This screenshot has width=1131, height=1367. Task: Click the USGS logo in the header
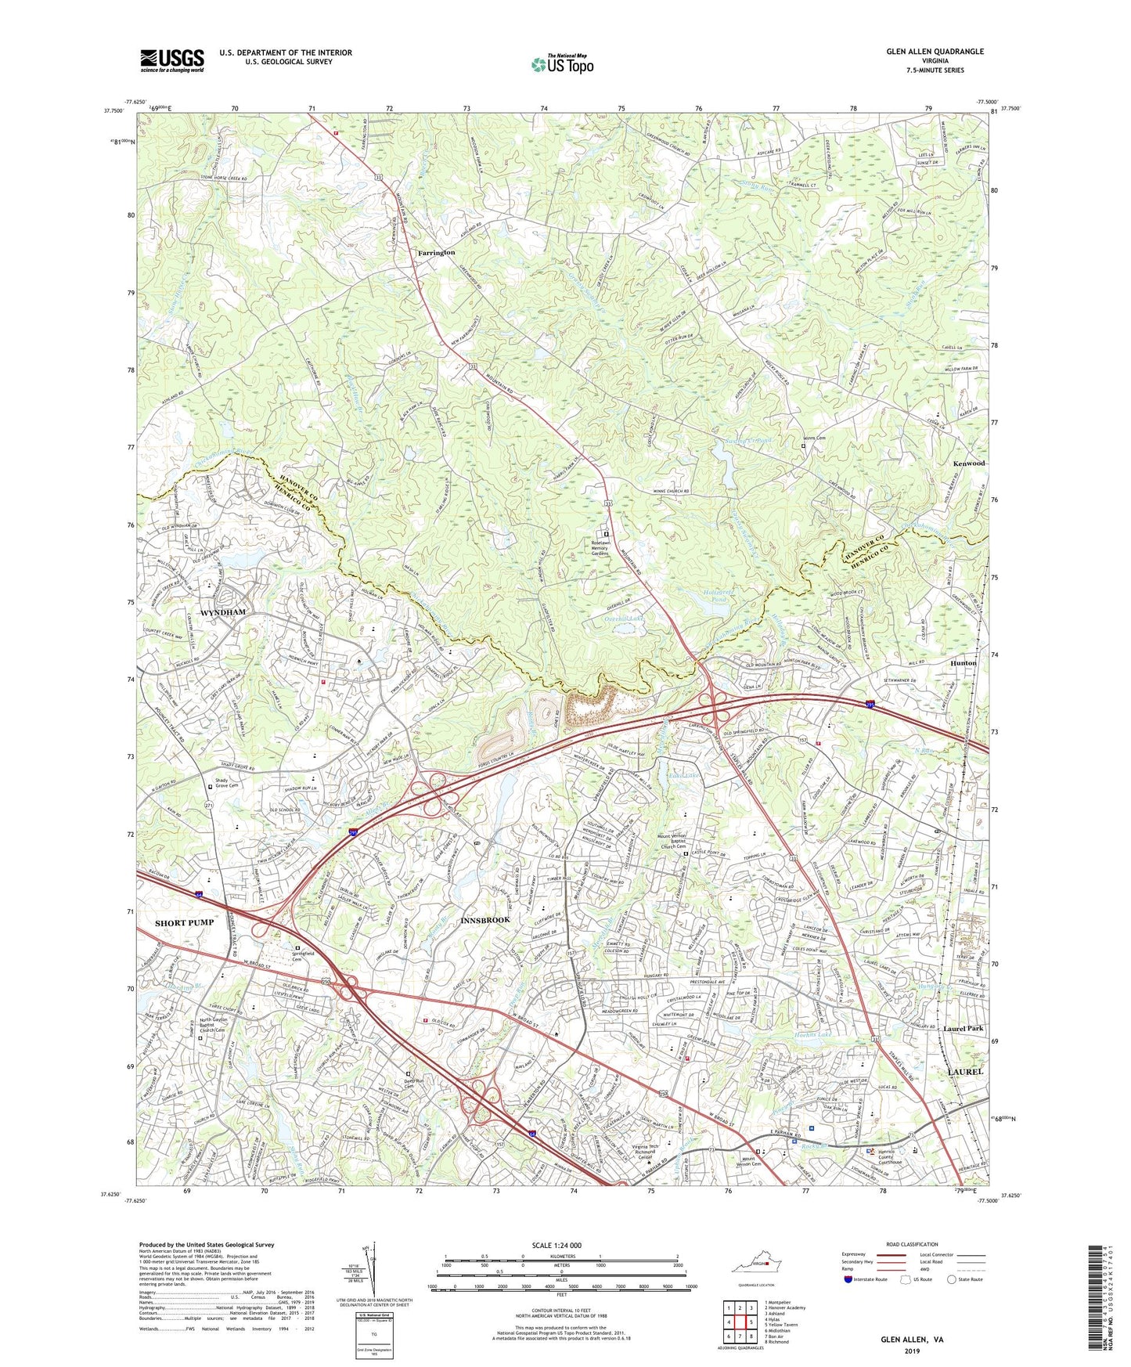point(172,60)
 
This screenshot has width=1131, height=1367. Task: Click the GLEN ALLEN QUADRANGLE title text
point(935,52)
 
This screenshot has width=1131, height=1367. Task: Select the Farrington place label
point(436,253)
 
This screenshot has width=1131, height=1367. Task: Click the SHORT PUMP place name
point(184,922)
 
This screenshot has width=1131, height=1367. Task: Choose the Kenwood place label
point(968,463)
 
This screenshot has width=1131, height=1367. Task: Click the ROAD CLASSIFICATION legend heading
point(911,1244)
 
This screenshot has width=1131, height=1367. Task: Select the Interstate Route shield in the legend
point(848,1279)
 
